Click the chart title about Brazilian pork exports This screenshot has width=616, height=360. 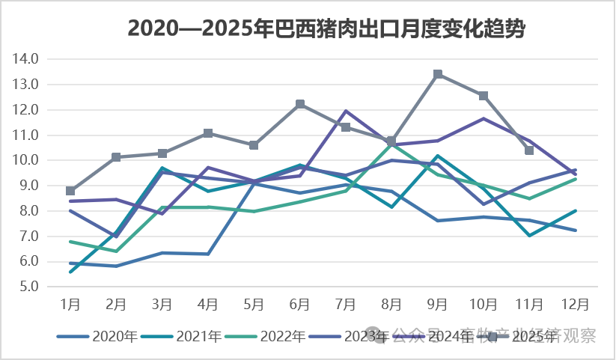pos(326,28)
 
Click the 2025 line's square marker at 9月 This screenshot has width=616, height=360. pos(438,74)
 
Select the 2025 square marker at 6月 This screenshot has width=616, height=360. pos(300,104)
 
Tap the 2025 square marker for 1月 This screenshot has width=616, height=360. pos(70,191)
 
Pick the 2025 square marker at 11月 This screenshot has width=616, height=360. pos(529,150)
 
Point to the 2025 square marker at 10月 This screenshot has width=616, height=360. pos(484,96)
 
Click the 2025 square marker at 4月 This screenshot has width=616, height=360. pos(208,133)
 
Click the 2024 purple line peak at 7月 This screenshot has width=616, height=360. pos(346,111)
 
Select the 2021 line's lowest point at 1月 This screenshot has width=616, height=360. pos(70,272)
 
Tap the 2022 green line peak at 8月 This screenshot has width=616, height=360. pos(391,143)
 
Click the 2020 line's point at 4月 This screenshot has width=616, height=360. pos(208,254)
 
